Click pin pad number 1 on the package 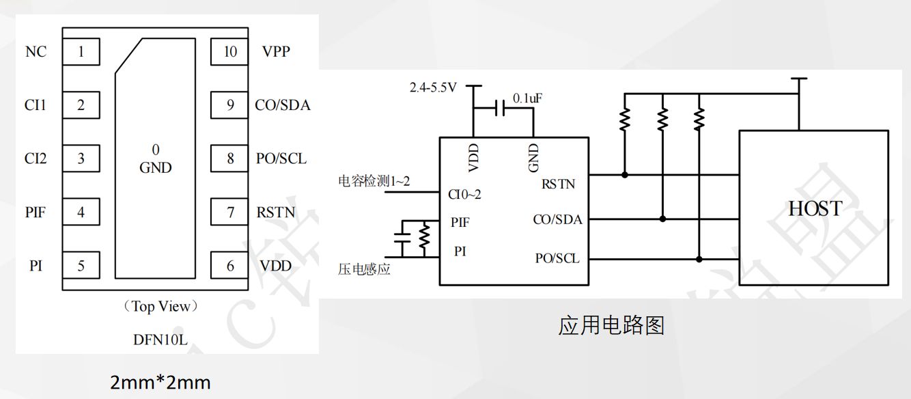point(81,52)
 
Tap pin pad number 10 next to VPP point(230,52)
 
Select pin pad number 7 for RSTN point(230,212)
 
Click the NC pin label point(36,52)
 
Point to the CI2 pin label point(36,159)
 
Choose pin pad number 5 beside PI point(81,266)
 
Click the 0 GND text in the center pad point(156,159)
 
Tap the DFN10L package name point(161,338)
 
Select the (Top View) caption point(161,306)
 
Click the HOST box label point(815,208)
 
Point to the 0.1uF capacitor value point(527,98)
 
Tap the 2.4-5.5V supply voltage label point(433,87)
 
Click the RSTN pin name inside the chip point(558,183)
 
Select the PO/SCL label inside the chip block point(557,258)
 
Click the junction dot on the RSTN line point(625,175)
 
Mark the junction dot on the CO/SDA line point(662,219)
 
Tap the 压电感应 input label point(364,269)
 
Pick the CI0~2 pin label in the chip point(465,195)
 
